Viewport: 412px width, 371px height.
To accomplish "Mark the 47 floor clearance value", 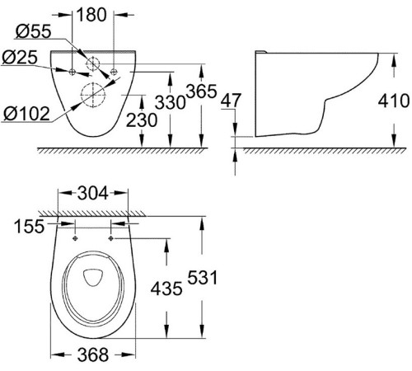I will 232,100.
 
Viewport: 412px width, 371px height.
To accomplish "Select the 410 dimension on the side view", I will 394,101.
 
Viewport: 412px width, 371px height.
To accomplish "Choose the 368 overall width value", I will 92,356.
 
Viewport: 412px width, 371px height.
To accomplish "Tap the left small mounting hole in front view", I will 74,72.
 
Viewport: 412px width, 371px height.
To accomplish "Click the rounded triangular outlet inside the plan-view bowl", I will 92,277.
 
